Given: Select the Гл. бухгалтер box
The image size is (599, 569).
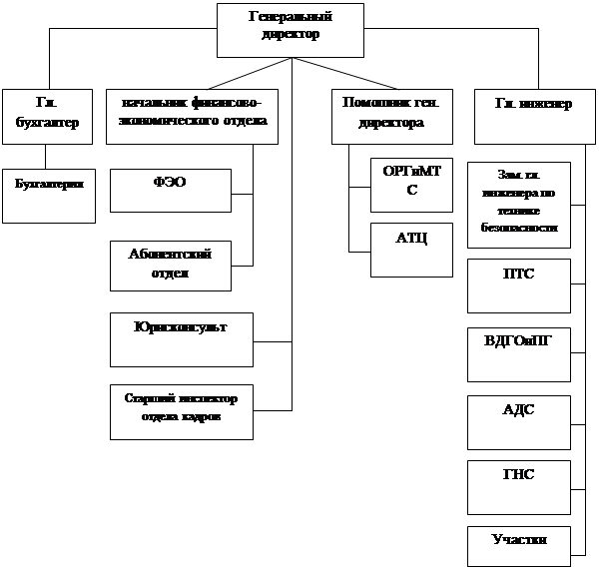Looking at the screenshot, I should [43, 116].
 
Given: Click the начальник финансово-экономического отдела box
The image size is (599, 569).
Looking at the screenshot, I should [192, 116].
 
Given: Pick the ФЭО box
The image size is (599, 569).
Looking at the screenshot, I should [170, 190].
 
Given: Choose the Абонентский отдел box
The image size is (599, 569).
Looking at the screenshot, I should [170, 265].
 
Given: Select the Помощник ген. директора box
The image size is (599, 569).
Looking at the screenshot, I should [392, 116].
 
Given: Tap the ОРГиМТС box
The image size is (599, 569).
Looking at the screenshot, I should [411, 184].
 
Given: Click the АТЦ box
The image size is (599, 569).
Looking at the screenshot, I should [411, 249].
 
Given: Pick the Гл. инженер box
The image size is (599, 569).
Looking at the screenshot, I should [533, 116].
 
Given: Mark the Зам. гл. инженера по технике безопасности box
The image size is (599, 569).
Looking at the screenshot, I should [518, 205].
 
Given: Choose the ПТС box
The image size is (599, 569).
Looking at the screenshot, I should [518, 285].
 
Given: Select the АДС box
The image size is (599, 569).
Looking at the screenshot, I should [518, 421].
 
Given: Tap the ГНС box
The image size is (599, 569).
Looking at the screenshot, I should [518, 486].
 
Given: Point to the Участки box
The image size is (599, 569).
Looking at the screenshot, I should [518, 544].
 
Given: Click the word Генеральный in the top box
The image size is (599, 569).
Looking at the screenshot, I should [290, 17].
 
